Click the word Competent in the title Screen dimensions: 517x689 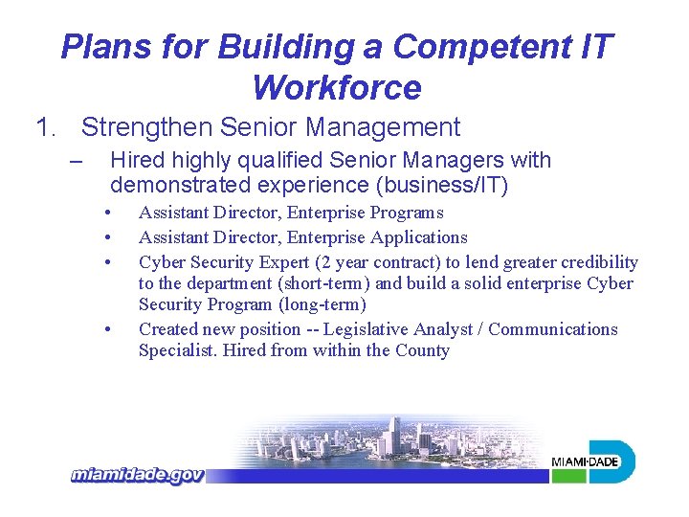476,46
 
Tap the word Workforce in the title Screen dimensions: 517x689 337,88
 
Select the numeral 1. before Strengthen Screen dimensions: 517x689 47,126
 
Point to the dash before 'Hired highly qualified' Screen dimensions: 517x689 78,160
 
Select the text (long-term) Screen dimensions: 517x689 322,304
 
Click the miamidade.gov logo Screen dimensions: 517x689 136,475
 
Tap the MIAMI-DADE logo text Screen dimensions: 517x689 585,462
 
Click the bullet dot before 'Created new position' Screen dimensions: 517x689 111,329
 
